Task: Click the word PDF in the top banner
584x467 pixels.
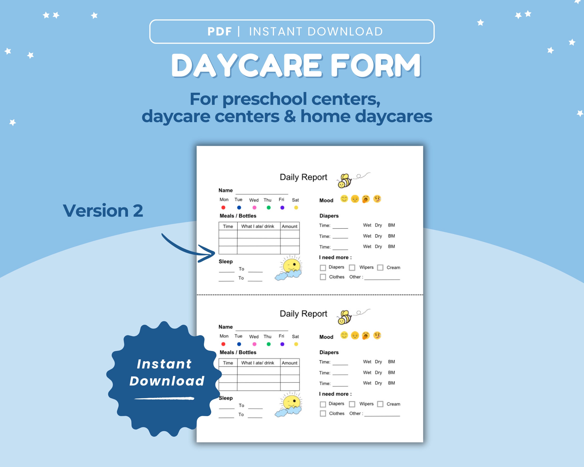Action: coord(219,31)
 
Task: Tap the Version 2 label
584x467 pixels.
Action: coord(103,211)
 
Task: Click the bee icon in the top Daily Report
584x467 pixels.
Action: coord(344,181)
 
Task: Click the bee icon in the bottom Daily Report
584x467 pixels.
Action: coord(344,317)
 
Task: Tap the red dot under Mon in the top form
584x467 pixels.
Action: coord(223,208)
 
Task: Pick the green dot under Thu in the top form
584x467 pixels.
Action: coord(268,208)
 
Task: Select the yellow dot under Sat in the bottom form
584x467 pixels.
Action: coord(296,344)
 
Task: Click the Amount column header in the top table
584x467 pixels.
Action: coord(289,226)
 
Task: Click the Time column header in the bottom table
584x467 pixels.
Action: coord(228,363)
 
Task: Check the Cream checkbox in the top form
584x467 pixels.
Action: coord(380,268)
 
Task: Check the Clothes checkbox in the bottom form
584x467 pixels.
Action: coord(323,413)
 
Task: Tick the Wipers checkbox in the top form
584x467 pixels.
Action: coord(352,268)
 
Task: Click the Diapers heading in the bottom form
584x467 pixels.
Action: coord(329,352)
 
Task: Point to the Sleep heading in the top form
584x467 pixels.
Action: coord(226,262)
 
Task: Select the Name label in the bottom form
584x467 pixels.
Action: coord(226,327)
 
